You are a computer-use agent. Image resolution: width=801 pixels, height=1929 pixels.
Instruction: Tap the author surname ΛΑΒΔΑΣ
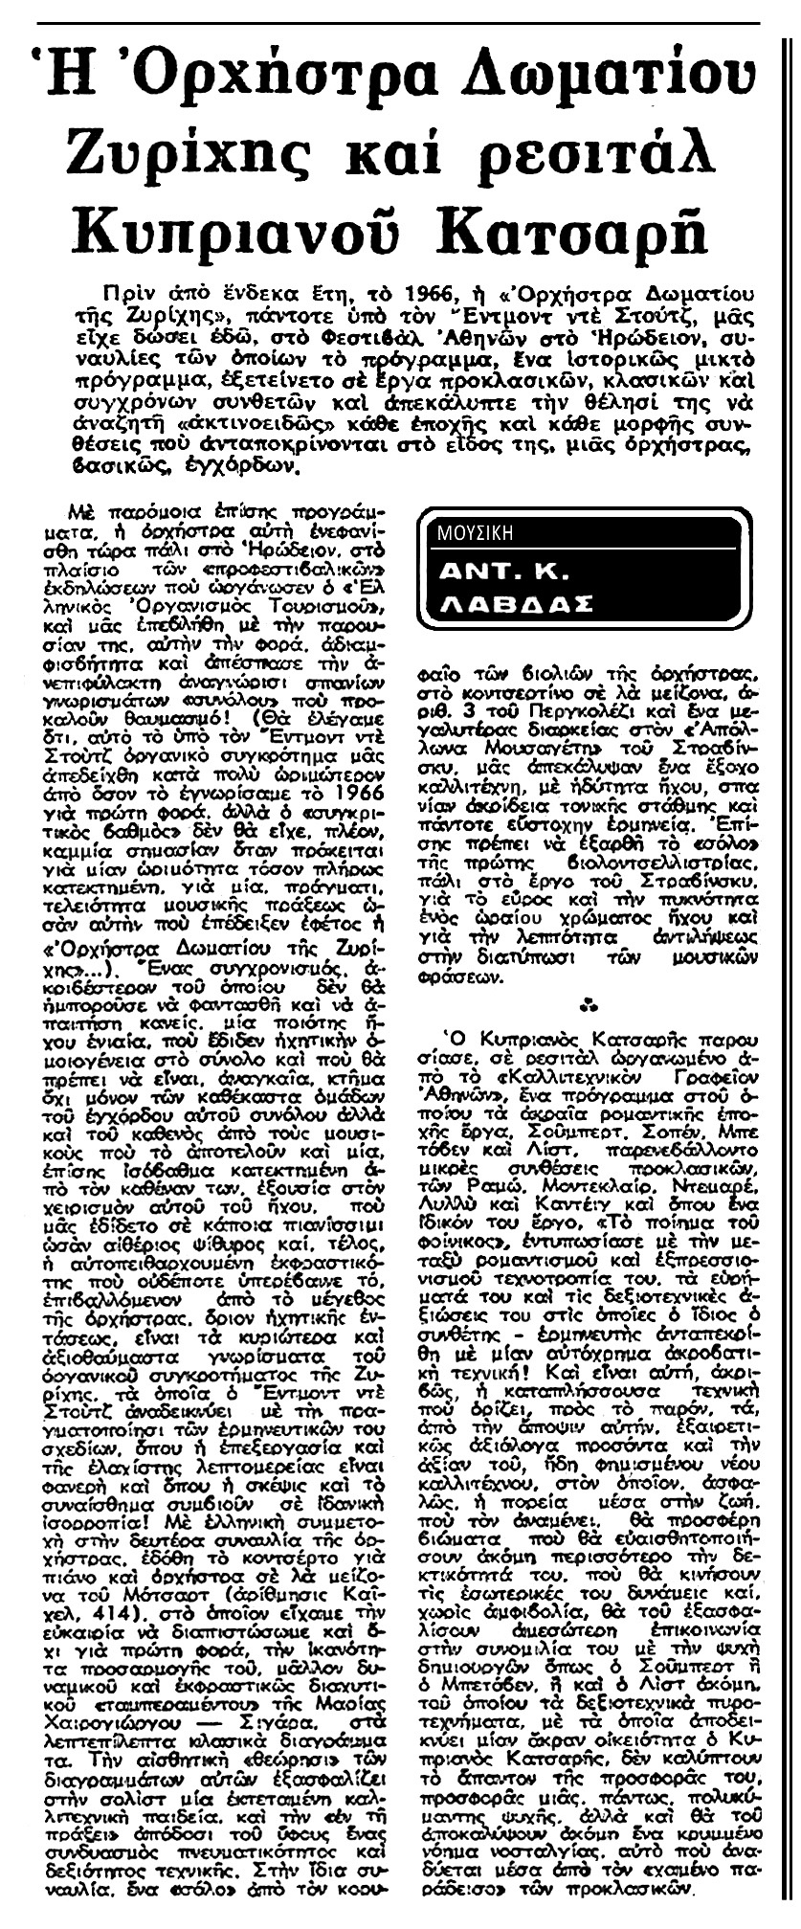517,606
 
